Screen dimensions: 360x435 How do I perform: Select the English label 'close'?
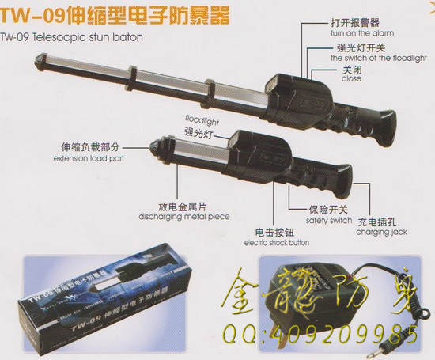[x=350, y=79]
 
